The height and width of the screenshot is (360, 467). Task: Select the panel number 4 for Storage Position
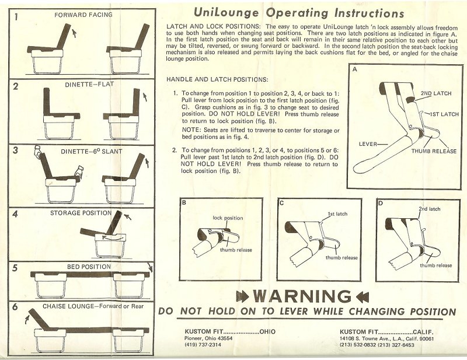click(x=16, y=214)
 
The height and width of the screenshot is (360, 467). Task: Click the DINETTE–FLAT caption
click(x=89, y=85)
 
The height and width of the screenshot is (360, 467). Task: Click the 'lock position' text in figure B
click(x=228, y=218)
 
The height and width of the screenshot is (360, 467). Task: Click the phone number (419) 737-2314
click(x=203, y=345)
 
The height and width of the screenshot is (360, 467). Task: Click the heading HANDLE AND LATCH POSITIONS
click(x=217, y=79)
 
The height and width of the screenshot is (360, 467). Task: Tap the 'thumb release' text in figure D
click(x=436, y=265)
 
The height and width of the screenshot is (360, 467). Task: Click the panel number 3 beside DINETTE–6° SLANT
click(x=16, y=150)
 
